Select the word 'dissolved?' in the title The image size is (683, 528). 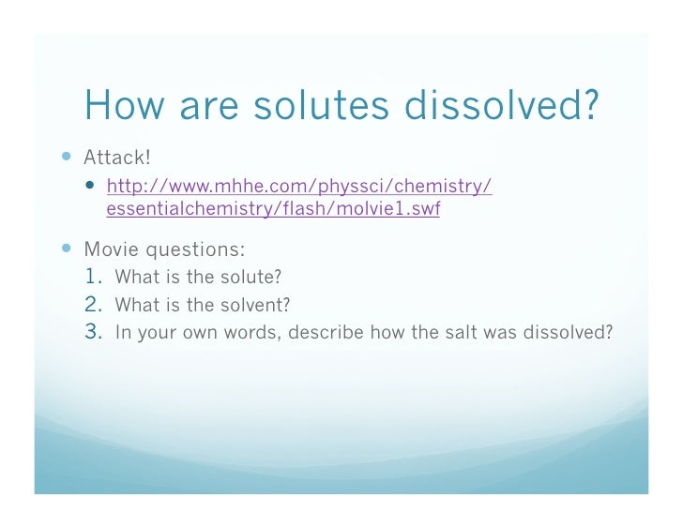pos(507,107)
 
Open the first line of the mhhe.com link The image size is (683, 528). pos(299,186)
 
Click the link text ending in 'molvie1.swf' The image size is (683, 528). pos(273,209)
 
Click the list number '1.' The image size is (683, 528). pos(96,278)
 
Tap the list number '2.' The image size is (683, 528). pos(96,305)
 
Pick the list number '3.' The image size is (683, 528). pos(96,332)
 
